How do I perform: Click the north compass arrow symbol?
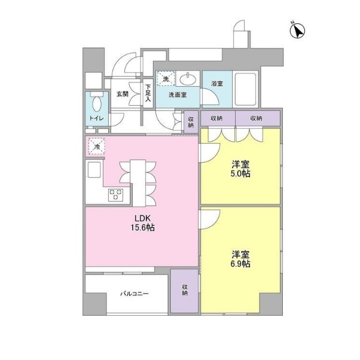297,30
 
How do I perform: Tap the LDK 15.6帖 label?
142,222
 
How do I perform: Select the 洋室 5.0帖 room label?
240,169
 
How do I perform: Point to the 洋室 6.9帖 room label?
240,259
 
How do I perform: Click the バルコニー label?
135,294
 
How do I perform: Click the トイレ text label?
96,118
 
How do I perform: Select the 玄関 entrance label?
123,94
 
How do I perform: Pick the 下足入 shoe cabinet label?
148,93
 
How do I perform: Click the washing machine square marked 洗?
166,78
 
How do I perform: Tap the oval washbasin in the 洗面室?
188,79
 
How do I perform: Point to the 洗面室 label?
178,95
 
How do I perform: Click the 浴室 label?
217,83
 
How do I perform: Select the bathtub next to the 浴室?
245,89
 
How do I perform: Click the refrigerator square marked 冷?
97,146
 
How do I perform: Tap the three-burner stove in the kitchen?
116,195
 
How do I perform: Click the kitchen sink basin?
94,169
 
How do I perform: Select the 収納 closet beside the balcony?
184,291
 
